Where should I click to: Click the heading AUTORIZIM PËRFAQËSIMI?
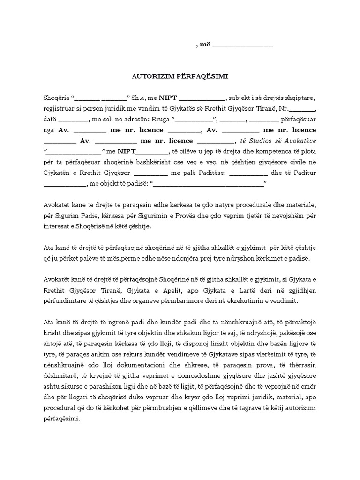pos(180,76)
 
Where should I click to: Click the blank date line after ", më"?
pos(243,46)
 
